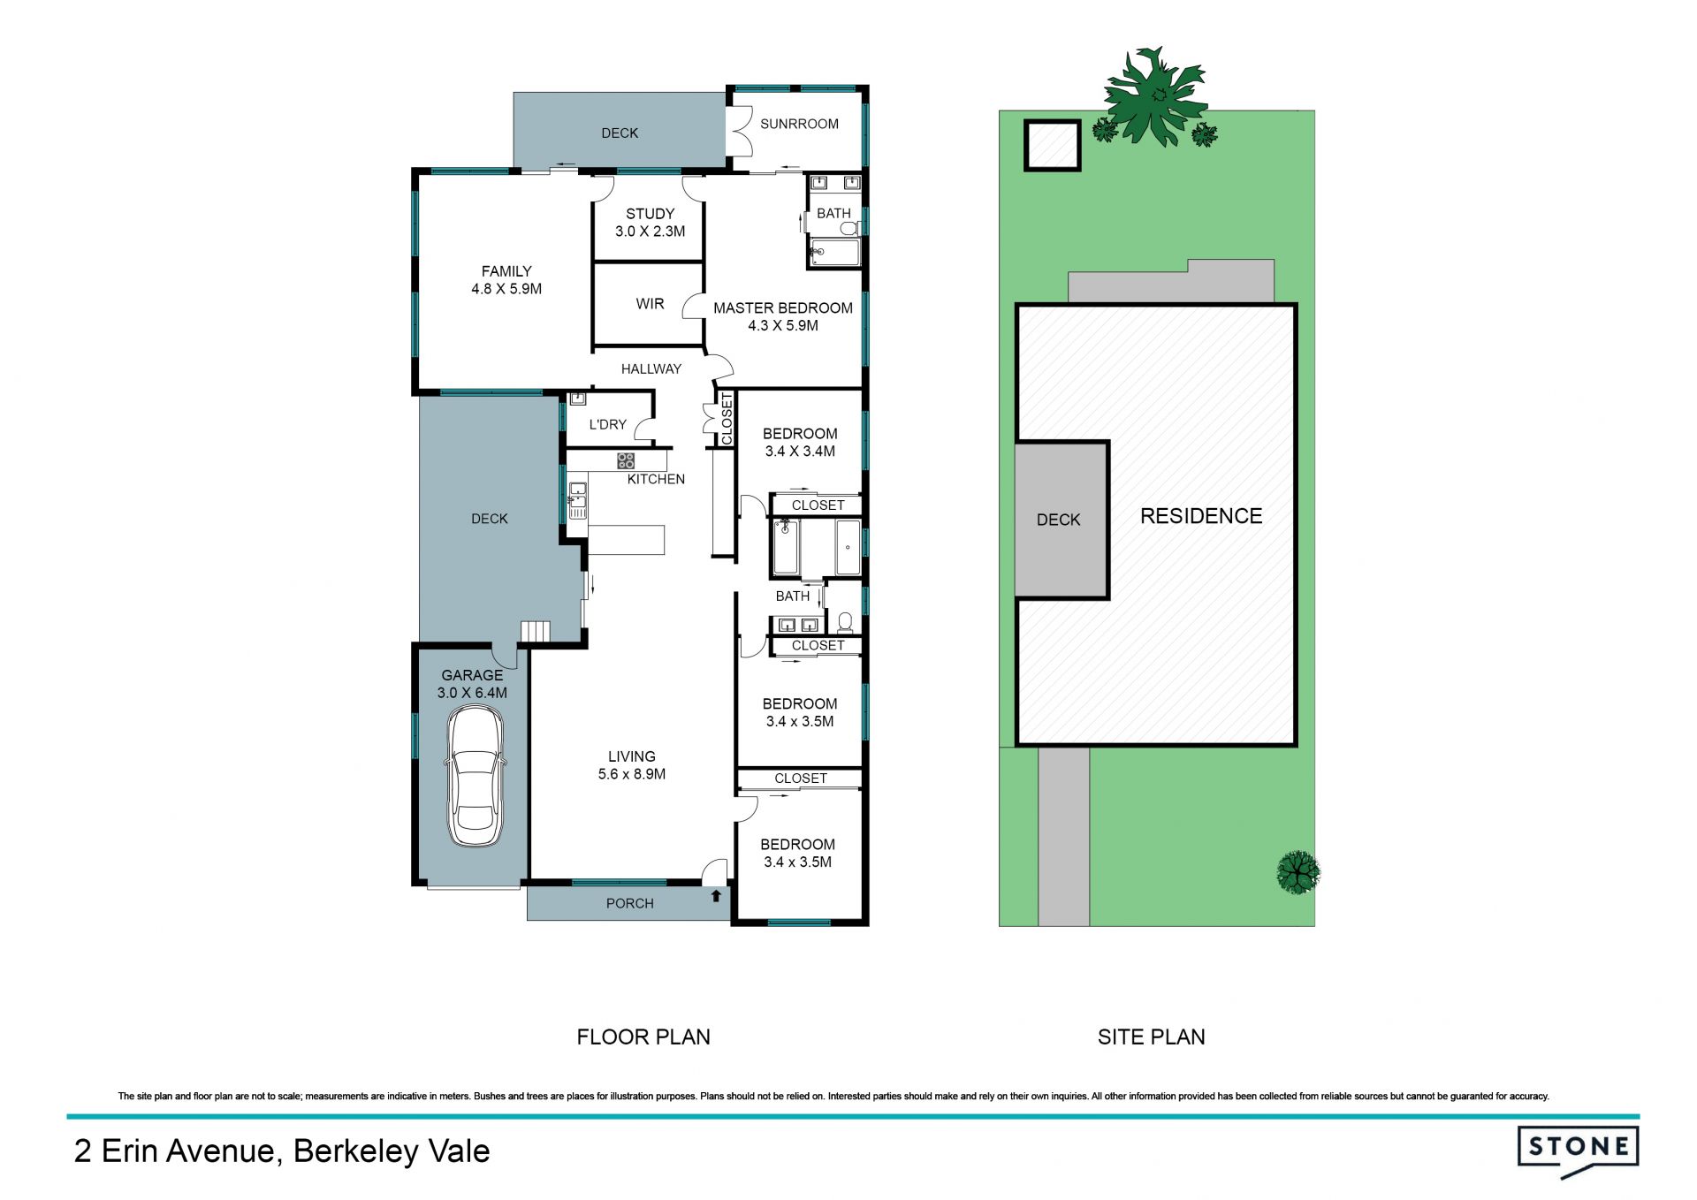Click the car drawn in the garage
tap(476, 777)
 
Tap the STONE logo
tap(1578, 1151)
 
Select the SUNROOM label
tap(799, 124)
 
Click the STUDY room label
tap(650, 214)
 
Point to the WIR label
tap(650, 304)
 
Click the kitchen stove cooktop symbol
tap(626, 460)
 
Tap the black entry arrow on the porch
tap(716, 896)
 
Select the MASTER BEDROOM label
tap(783, 308)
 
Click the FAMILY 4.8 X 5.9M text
tap(506, 280)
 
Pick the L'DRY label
tap(607, 425)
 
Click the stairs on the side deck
tap(535, 631)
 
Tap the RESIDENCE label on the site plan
tap(1201, 516)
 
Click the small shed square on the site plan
tap(1053, 145)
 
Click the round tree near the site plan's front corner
tap(1298, 872)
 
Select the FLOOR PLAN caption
tap(643, 1037)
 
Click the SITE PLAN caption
tap(1152, 1037)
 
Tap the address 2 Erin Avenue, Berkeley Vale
tap(282, 1151)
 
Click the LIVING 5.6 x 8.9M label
tap(632, 765)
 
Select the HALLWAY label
tap(651, 369)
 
